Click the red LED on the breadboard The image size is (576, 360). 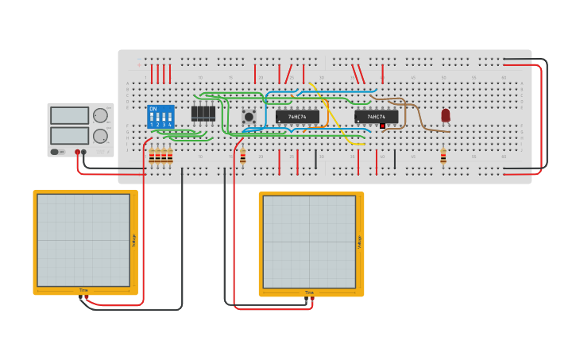[x=446, y=115]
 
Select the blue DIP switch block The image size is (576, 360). [x=160, y=117]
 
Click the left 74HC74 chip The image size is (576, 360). [x=297, y=117]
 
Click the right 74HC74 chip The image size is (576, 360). [x=376, y=117]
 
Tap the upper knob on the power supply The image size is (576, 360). [x=100, y=115]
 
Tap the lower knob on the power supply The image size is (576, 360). [x=100, y=136]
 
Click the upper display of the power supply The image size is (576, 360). [x=69, y=115]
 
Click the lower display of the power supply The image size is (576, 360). [x=69, y=136]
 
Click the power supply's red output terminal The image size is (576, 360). [x=78, y=151]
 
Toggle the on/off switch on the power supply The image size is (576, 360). [x=56, y=151]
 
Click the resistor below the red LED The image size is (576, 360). [x=443, y=157]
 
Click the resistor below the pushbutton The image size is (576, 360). [x=243, y=156]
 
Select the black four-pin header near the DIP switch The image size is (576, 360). [x=203, y=113]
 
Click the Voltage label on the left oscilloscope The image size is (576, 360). [x=134, y=239]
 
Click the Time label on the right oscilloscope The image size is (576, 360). [x=309, y=292]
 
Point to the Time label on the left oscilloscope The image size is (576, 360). [x=83, y=290]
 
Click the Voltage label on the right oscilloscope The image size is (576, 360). [x=360, y=242]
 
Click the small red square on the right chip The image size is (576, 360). [x=382, y=126]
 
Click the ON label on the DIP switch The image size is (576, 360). [x=153, y=109]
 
